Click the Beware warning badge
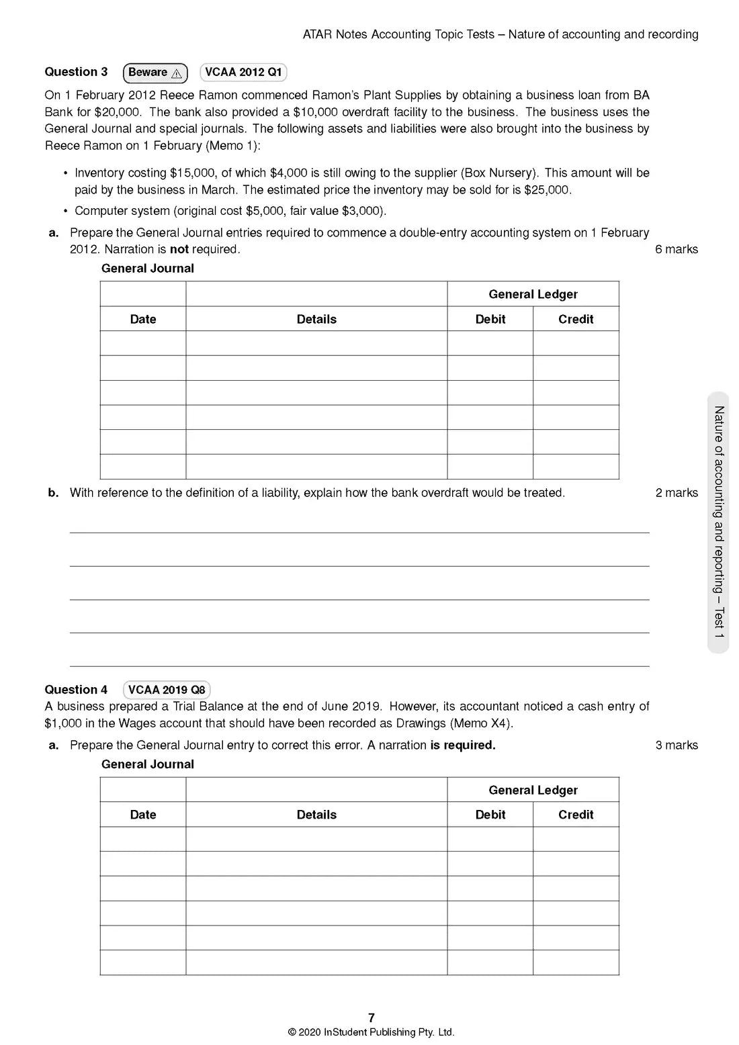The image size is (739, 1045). click(x=155, y=73)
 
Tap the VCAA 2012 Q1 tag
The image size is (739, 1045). click(x=243, y=73)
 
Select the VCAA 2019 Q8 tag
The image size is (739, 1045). click(x=167, y=690)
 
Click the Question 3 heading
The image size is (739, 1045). click(x=76, y=72)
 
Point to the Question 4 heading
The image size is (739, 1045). click(x=76, y=690)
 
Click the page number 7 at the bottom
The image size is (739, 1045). click(x=372, y=1017)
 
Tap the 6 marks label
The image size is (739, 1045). click(x=677, y=249)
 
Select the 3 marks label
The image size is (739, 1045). click(x=677, y=745)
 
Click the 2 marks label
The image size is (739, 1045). click(x=677, y=493)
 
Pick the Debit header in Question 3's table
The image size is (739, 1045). click(x=490, y=319)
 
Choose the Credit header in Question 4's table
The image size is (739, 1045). click(x=576, y=815)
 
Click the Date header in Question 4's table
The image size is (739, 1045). click(x=143, y=815)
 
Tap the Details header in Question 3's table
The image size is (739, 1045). click(x=316, y=319)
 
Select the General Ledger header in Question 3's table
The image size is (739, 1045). click(x=533, y=294)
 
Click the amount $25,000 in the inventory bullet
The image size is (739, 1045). click(x=547, y=190)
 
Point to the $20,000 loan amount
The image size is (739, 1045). click(x=118, y=112)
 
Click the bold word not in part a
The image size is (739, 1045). click(x=179, y=249)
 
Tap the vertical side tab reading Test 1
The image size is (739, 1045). click(x=719, y=522)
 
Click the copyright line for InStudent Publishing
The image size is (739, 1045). click(x=372, y=1032)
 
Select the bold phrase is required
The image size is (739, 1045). click(x=463, y=745)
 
